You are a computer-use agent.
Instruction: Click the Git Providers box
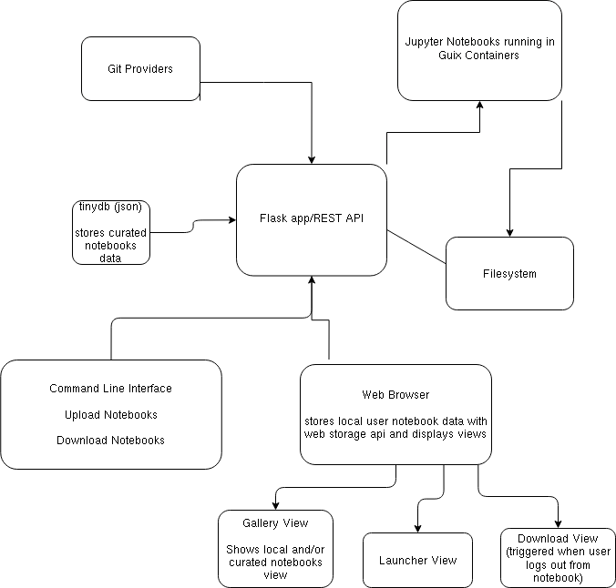140,68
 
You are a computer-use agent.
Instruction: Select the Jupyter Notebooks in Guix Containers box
479,50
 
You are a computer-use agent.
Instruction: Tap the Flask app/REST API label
312,219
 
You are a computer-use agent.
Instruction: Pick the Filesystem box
509,273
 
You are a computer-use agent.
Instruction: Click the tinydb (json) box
110,232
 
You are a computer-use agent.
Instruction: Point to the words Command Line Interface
110,389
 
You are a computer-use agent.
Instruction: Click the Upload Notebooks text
110,414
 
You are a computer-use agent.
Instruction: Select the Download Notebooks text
110,440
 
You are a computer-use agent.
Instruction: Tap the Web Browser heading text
395,395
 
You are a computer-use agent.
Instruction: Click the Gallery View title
275,522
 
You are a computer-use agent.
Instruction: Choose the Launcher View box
417,560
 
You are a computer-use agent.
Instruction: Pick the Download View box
558,557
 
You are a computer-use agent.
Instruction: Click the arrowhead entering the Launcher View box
417,528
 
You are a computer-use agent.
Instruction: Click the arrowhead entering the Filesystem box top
509,232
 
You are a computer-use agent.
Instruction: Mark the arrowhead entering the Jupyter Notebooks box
479,106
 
